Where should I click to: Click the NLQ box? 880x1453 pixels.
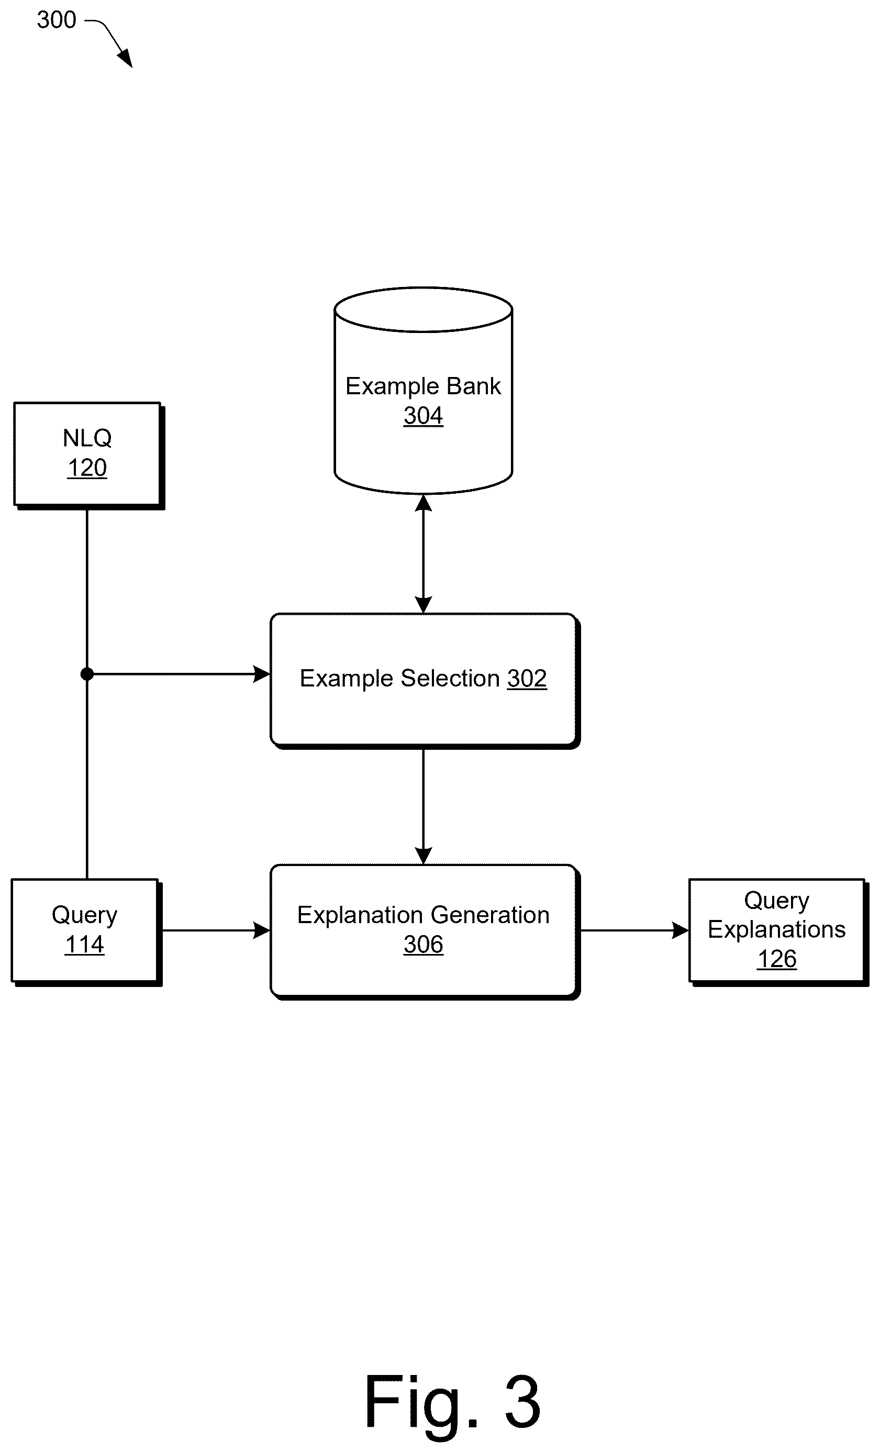89,456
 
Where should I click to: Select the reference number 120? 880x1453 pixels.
87,468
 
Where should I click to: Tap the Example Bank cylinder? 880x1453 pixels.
423,391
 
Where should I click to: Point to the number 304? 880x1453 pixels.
423,416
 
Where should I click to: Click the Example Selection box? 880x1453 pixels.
425,681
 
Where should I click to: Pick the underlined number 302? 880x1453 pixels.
527,679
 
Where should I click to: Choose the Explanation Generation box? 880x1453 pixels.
425,931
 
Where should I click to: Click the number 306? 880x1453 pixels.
423,945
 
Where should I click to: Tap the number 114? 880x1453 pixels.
84,945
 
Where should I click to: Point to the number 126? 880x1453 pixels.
777,959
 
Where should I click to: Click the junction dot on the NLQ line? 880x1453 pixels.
87,673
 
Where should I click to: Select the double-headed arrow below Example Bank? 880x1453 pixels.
423,554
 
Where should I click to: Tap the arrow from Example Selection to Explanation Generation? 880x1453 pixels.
423,807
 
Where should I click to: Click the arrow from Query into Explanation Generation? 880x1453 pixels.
216,930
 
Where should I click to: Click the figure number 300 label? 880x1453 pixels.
57,20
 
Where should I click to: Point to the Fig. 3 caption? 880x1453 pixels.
452,1402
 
